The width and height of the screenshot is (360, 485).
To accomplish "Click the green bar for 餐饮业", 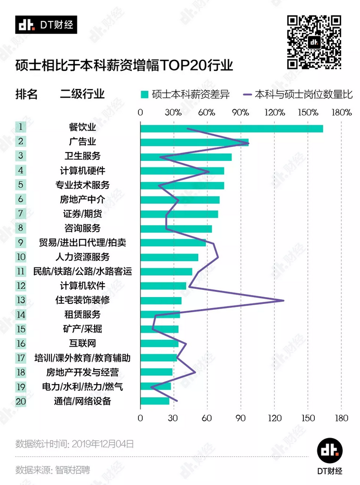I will pyautogui.click(x=232, y=129).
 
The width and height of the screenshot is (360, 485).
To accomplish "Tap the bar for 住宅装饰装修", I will pyautogui.click(x=161, y=300).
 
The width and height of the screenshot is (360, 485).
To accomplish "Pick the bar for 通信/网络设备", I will pyautogui.click(x=155, y=401).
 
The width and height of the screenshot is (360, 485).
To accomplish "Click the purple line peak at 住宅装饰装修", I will pyautogui.click(x=284, y=300).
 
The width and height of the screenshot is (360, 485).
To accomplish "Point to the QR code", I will pyautogui.click(x=315, y=42).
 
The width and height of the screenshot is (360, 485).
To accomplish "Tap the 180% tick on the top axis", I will pyautogui.click(x=341, y=112).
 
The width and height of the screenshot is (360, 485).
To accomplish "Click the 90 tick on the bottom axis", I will pyautogui.click(x=241, y=418).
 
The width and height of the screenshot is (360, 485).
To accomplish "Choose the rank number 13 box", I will pyautogui.click(x=21, y=300).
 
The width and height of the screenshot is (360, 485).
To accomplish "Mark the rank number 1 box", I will pyautogui.click(x=21, y=127).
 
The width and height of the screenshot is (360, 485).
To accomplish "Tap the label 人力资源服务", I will pyautogui.click(x=83, y=257).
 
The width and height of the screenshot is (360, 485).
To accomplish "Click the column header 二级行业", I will pyautogui.click(x=82, y=94).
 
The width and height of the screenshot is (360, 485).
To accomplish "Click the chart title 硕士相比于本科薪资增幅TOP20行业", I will pyautogui.click(x=124, y=66).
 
